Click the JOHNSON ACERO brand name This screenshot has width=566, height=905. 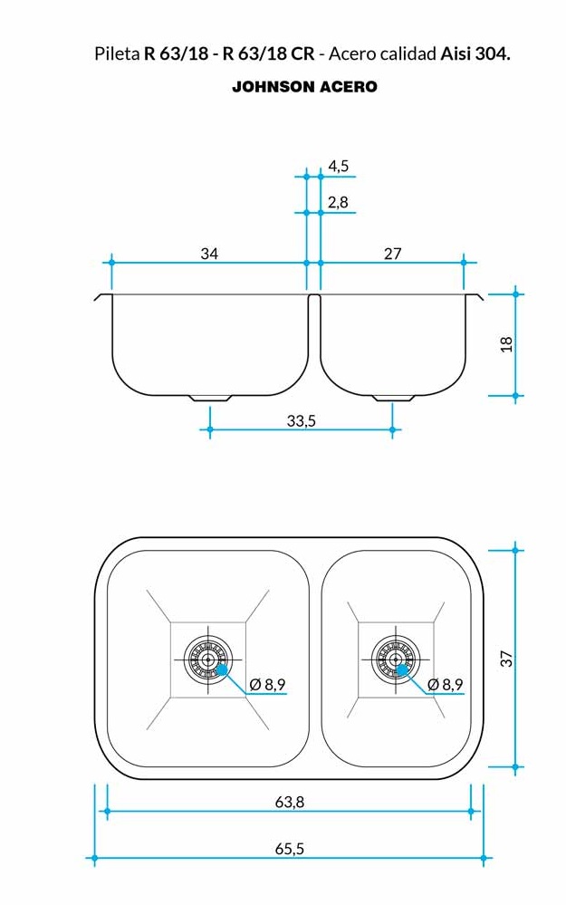tap(304, 87)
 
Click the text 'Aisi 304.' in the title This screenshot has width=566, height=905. tap(475, 54)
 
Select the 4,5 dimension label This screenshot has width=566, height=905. tap(339, 167)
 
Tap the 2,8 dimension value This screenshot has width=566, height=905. tap(339, 203)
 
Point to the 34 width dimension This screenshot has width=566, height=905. tap(209, 254)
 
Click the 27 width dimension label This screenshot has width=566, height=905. tap(392, 254)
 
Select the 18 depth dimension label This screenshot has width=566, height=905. tap(506, 344)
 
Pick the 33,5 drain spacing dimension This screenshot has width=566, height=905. tap(301, 421)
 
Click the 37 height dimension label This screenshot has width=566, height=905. tap(506, 659)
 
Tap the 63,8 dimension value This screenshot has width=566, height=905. tap(289, 802)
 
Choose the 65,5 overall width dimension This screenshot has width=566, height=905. tap(289, 849)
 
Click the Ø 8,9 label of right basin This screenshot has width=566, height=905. tap(445, 684)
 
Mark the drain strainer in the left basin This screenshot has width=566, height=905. tap(208, 659)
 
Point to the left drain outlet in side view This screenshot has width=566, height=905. tap(210, 398)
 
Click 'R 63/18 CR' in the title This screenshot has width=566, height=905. tap(269, 54)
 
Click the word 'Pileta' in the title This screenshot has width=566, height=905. tap(117, 54)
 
